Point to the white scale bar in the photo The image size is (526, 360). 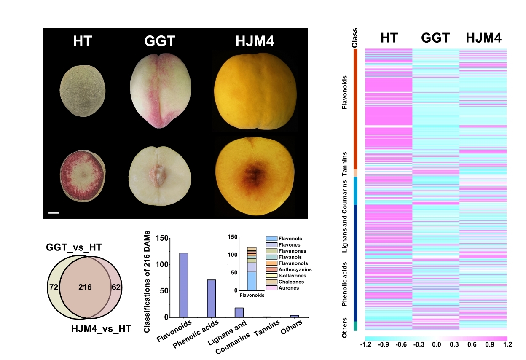point(54,213)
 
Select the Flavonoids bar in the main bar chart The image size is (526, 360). point(184,285)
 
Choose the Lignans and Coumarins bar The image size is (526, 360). point(239,312)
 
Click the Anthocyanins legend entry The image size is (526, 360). point(284,269)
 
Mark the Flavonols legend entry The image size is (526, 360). point(281,239)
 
